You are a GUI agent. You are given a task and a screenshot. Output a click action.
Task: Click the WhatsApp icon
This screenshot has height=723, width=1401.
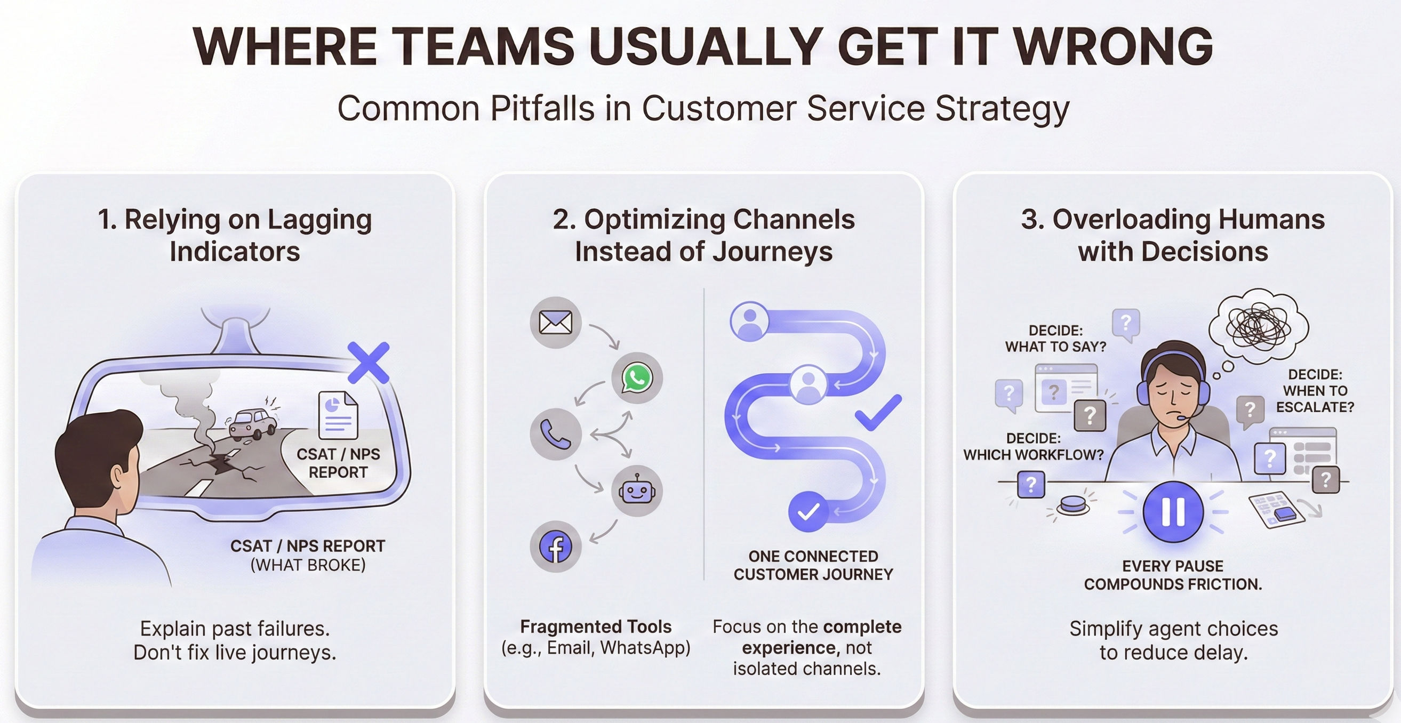pos(637,378)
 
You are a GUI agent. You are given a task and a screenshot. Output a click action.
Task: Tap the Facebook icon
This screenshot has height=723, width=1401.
pos(555,547)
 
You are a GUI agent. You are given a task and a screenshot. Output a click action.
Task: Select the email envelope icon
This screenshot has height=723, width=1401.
pos(555,323)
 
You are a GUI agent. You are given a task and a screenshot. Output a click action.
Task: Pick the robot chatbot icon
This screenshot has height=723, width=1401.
pos(637,491)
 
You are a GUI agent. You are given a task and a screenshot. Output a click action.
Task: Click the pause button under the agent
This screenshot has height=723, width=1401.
pos(1173,511)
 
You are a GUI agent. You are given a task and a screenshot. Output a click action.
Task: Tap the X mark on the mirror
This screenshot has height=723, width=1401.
pos(368,363)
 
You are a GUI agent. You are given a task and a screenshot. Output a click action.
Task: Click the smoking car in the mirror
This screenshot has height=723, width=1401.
pos(252,424)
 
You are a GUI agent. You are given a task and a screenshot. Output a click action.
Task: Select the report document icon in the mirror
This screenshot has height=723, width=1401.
pos(338,415)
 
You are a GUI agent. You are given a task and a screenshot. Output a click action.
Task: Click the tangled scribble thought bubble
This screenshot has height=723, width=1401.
pos(1259,327)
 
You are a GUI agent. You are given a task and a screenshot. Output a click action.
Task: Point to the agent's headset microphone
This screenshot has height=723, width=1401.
pos(1182,418)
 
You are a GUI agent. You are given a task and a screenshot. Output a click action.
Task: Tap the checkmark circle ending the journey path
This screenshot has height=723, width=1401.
pos(808,511)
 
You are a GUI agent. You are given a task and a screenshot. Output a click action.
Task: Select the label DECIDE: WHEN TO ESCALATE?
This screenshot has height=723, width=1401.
pos(1315,390)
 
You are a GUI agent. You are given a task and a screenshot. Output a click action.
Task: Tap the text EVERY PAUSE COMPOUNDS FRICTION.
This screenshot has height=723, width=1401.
pos(1173,575)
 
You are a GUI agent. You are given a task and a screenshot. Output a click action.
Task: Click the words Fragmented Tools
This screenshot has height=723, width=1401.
pos(596,627)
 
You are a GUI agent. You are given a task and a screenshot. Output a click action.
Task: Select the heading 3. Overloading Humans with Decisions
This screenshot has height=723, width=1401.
pos(1173,235)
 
